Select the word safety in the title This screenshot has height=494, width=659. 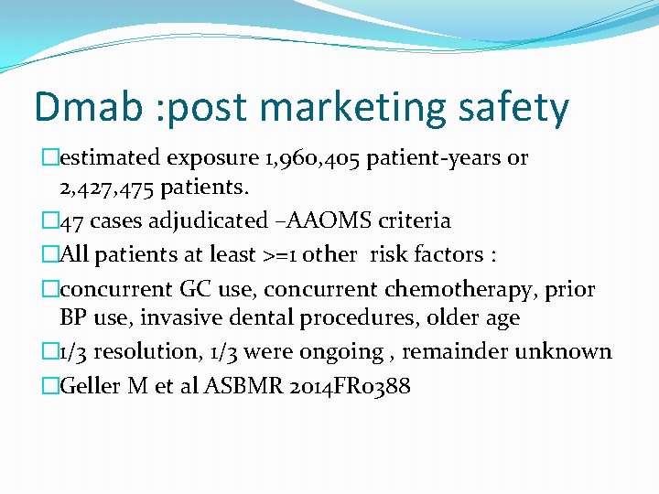510,109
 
